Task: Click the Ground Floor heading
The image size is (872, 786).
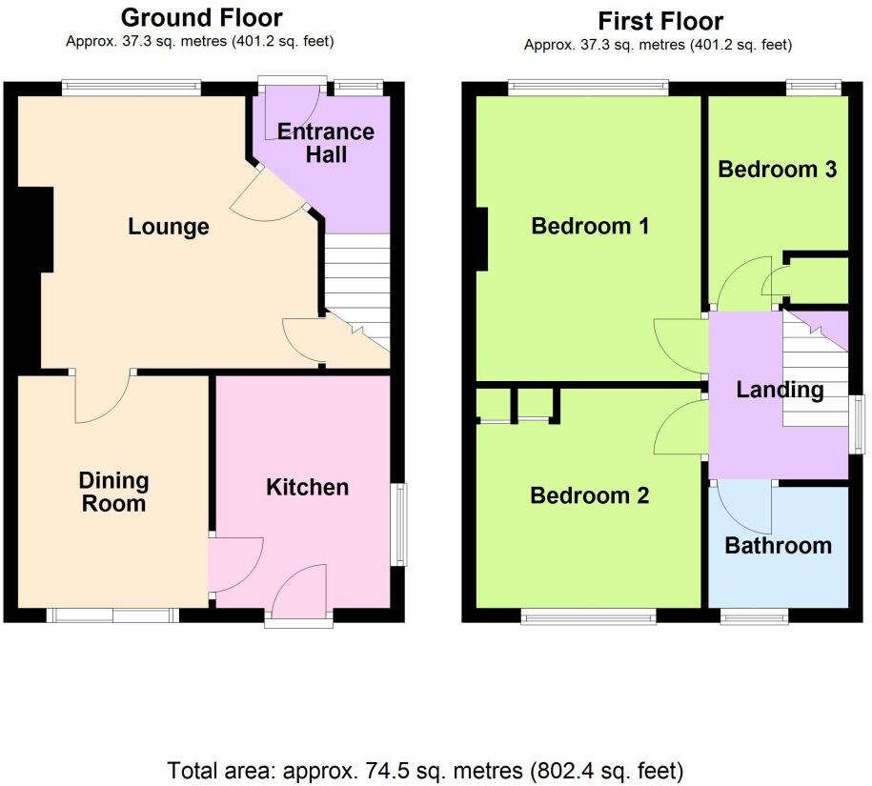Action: tap(201, 17)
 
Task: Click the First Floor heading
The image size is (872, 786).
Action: tap(659, 21)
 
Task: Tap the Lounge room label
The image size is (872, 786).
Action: tap(169, 227)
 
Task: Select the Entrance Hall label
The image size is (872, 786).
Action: tap(326, 143)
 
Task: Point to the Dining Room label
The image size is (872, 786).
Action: tap(113, 493)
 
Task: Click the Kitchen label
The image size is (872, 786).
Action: tap(307, 487)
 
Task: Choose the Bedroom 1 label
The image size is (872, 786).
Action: tap(590, 226)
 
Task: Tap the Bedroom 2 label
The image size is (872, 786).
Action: tap(589, 495)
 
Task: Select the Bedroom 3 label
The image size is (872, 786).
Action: tap(777, 170)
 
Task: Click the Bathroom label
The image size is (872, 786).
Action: tap(778, 545)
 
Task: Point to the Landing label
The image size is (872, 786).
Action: tap(780, 390)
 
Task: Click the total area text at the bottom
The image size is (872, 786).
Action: tap(425, 769)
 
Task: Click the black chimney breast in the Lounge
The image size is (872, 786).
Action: tap(34, 229)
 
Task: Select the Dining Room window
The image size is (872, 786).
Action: tap(112, 615)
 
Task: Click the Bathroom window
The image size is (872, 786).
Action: tap(754, 615)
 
